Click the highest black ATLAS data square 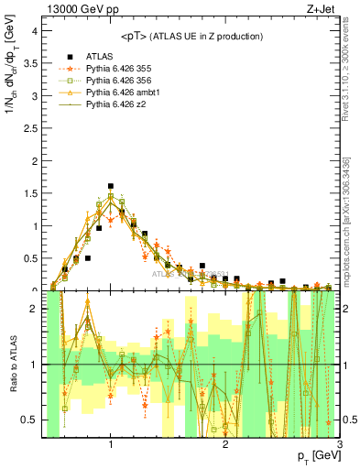point(111,186)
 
